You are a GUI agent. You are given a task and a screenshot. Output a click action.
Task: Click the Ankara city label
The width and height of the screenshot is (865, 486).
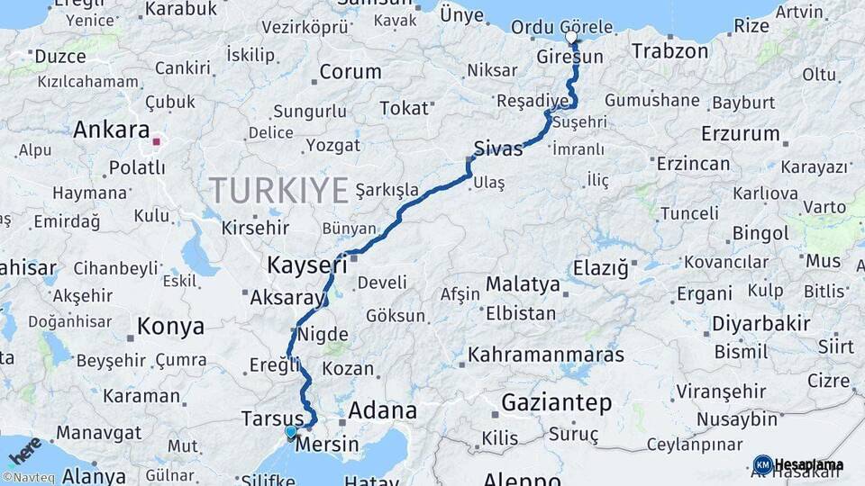[x=111, y=130]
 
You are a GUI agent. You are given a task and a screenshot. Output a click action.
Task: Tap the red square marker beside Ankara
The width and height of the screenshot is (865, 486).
[x=156, y=141]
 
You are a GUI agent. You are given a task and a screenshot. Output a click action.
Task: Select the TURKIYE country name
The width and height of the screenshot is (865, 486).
[x=278, y=191]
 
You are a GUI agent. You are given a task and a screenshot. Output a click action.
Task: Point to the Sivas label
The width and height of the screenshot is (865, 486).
[x=497, y=148]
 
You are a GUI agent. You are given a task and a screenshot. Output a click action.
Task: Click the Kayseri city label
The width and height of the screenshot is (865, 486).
[x=306, y=265]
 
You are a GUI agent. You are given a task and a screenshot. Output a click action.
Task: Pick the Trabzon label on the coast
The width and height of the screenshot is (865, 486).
[x=669, y=51]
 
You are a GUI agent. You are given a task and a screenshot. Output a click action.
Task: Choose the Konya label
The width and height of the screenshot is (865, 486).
[x=170, y=326]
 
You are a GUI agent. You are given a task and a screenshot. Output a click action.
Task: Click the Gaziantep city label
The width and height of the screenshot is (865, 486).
[x=557, y=402]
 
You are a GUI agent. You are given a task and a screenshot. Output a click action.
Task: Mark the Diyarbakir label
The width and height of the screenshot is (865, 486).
[x=761, y=323]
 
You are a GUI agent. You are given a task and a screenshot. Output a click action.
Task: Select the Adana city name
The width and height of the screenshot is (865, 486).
[x=382, y=411]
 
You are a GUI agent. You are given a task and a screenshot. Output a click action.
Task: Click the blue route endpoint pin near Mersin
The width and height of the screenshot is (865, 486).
[x=291, y=433]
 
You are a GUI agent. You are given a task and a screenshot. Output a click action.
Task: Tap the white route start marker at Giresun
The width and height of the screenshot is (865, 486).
[x=572, y=38]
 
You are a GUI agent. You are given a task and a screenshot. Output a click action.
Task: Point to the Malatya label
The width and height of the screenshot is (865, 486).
[x=523, y=285]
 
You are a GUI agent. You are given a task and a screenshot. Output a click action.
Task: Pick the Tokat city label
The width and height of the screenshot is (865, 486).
[x=404, y=108]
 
